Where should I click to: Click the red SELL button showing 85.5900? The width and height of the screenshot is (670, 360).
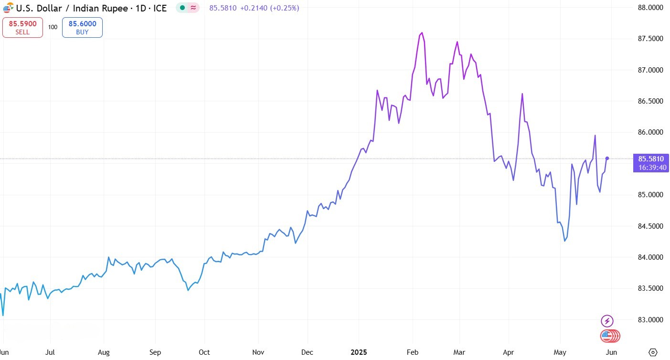point(22,27)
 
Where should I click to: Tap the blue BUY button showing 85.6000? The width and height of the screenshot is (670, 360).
point(82,27)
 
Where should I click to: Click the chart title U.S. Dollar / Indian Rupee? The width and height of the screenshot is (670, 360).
point(91,8)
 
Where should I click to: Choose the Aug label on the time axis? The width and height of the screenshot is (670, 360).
point(104,352)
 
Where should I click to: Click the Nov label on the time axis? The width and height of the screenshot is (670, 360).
point(258,352)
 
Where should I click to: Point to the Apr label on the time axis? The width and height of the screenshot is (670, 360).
point(508,352)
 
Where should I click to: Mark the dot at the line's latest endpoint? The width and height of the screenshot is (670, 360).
point(607,158)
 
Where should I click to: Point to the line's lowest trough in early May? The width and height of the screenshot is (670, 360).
point(565,241)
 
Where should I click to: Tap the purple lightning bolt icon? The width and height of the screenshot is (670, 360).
point(607,321)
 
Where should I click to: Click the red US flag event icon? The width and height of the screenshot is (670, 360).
point(607,336)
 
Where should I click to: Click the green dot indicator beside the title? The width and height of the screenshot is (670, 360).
point(182,8)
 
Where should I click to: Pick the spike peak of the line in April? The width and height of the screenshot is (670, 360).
point(522,94)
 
